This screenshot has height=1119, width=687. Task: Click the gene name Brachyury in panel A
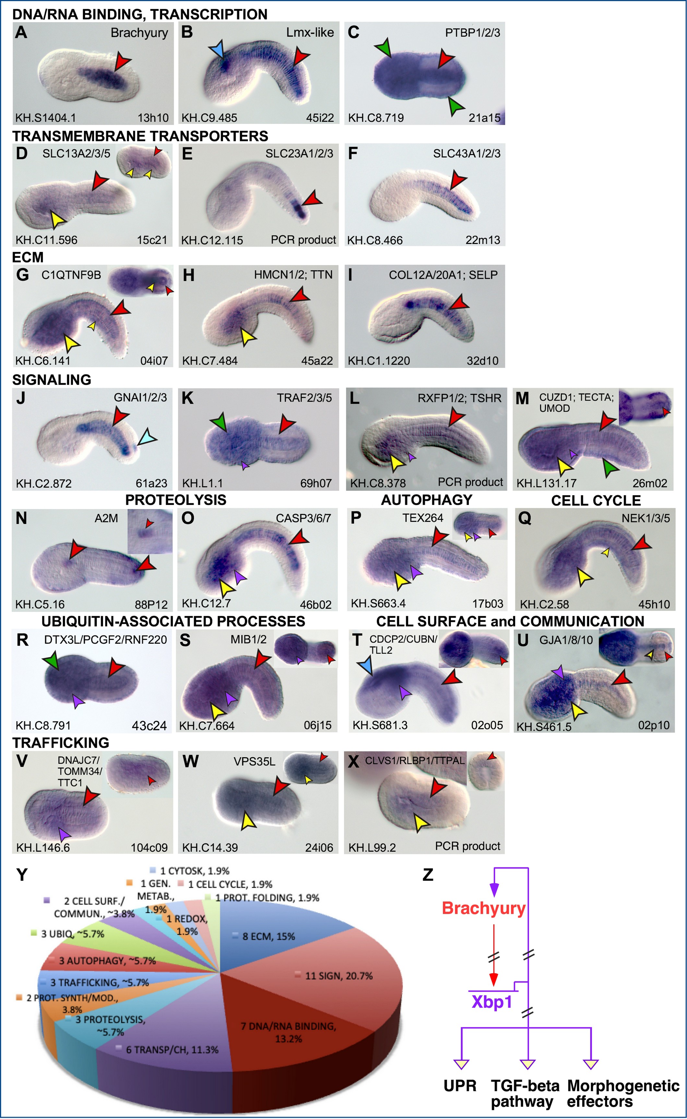[139, 33]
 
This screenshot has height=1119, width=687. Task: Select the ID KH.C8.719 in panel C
[376, 118]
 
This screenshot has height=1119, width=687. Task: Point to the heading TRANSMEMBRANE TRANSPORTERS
[140, 136]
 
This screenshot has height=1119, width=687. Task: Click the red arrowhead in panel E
[312, 199]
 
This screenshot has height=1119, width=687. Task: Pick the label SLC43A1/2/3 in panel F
[467, 154]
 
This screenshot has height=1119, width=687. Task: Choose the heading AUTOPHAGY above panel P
[427, 500]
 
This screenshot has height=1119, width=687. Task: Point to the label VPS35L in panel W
[255, 761]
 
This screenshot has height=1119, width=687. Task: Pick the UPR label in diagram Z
[460, 1086]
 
